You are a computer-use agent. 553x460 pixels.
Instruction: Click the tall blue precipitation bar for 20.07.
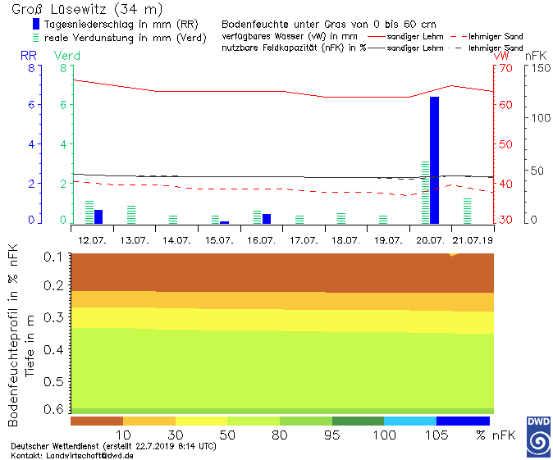(x=434, y=160)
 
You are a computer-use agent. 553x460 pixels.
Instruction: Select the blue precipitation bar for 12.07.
(x=98, y=216)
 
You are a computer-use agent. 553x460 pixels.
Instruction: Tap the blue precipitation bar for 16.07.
(x=267, y=218)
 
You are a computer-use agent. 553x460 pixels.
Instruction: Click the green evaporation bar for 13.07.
(x=131, y=214)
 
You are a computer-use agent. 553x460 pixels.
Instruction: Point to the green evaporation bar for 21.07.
(x=468, y=210)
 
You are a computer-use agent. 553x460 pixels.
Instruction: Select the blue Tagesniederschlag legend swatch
(x=35, y=25)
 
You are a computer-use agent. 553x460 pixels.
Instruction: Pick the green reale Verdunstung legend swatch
(x=35, y=37)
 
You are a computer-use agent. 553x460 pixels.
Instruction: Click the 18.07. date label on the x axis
(x=345, y=239)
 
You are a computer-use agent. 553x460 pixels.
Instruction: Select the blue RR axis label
(x=29, y=55)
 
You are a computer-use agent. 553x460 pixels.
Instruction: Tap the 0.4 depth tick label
(x=53, y=349)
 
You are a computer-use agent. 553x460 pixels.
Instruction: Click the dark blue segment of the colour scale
(x=463, y=421)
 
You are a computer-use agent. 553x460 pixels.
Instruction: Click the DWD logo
(x=538, y=435)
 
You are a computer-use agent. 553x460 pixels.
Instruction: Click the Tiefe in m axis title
(x=30, y=344)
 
